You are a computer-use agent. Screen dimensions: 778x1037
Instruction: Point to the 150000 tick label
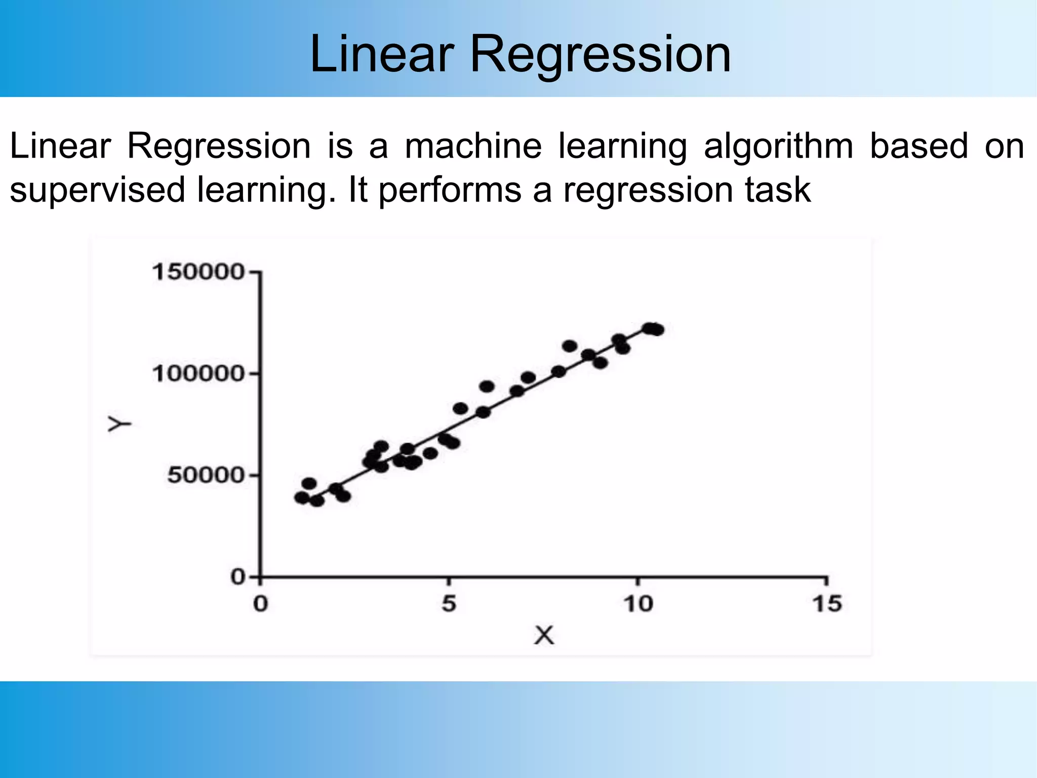[198, 272]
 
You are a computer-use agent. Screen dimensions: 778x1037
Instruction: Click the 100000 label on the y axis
[198, 374]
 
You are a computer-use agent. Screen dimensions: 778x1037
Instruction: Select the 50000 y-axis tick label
[206, 475]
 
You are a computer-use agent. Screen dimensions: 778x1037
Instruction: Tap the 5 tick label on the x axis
[449, 604]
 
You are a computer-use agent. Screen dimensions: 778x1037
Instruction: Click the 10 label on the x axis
[637, 604]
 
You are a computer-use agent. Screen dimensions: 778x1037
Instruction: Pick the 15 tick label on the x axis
[827, 604]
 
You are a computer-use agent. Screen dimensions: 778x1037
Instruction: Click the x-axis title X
[544, 635]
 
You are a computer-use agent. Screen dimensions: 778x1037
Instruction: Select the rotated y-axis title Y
[119, 424]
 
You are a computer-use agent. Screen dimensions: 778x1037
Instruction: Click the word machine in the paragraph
[473, 146]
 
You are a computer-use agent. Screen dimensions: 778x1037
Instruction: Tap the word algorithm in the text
[778, 146]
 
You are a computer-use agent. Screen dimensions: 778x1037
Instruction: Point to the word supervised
[97, 190]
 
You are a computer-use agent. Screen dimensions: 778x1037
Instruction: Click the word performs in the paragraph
[450, 190]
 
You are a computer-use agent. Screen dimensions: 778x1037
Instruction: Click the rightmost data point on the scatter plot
[657, 330]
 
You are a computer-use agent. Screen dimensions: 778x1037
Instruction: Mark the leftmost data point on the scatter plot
[302, 497]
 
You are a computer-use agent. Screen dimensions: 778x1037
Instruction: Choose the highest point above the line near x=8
[570, 346]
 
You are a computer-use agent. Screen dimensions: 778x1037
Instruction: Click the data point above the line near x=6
[487, 386]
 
